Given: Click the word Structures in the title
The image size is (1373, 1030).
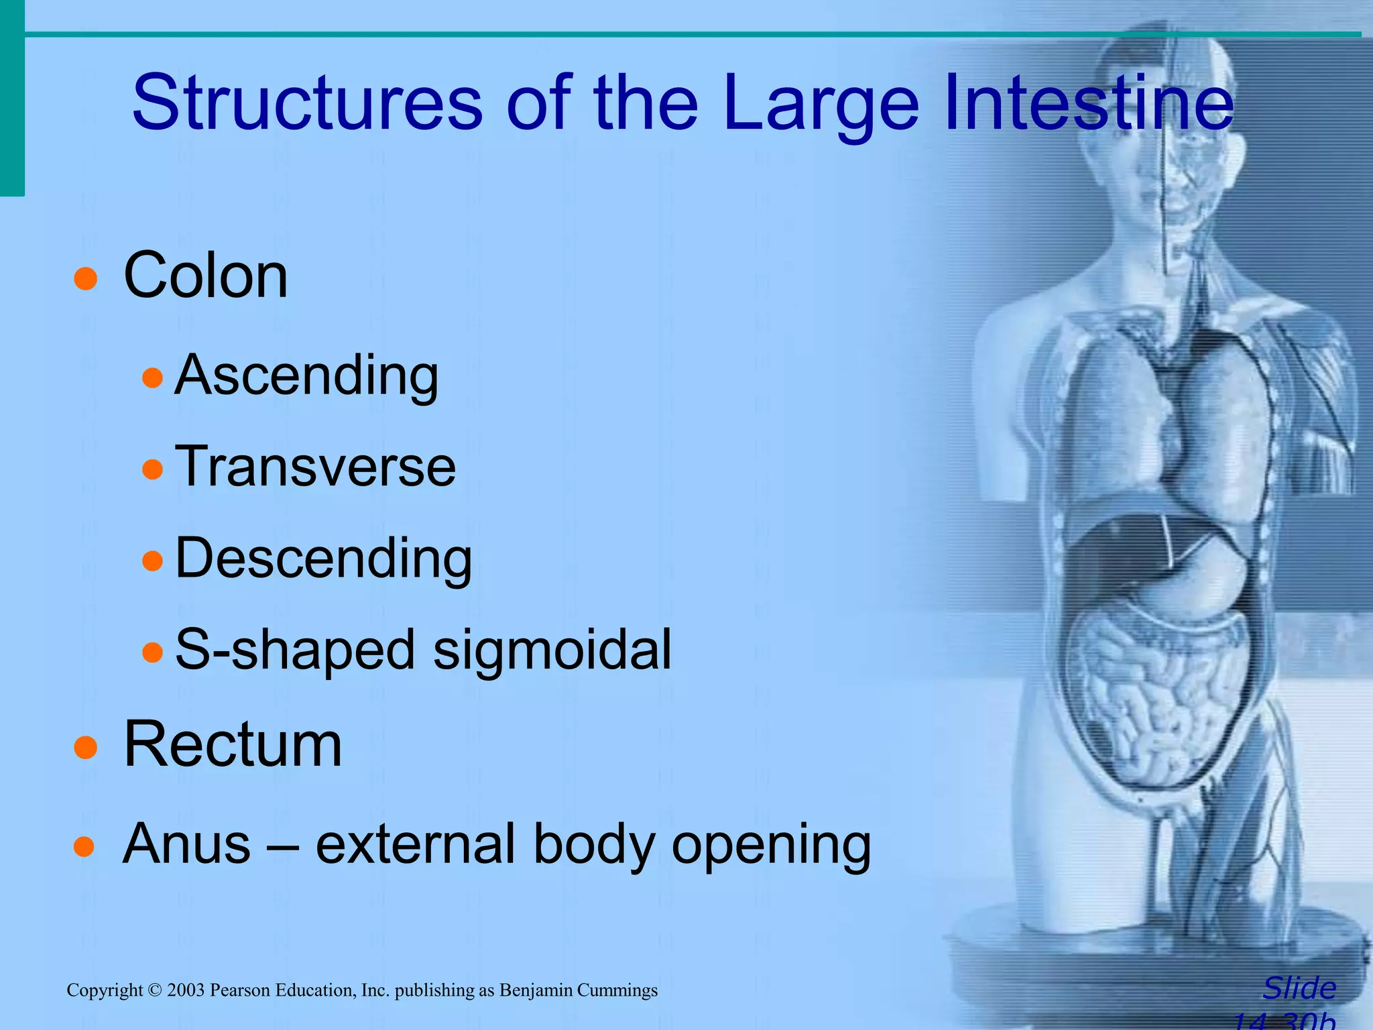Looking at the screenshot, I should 307,103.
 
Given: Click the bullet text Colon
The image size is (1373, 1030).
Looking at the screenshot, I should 206,276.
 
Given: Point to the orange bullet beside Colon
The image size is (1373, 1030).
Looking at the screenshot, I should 86,278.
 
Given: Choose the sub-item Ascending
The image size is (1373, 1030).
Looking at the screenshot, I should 306,376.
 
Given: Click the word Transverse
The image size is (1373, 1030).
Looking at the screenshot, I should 315,467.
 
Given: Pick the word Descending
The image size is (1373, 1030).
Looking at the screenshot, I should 323,558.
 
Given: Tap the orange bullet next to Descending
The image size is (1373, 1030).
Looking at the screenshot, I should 153,560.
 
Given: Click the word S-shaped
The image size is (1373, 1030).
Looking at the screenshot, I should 295,649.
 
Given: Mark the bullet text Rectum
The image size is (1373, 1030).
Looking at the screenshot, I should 233,744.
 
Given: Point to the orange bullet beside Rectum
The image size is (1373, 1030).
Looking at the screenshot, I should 86,747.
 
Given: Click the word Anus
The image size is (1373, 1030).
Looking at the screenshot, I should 186,844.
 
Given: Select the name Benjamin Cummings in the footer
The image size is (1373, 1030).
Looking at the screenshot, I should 579,990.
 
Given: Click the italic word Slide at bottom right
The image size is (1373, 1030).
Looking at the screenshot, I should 1299,988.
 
